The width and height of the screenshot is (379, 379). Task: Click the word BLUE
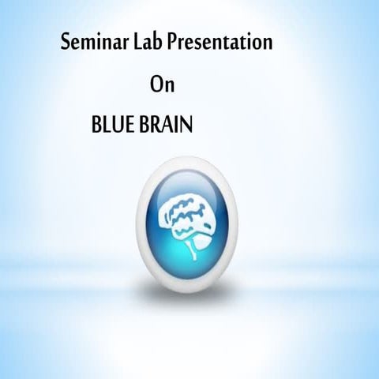click(114, 126)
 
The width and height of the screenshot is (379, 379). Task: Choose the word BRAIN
click(166, 126)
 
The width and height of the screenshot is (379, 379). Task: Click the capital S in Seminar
click(66, 43)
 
